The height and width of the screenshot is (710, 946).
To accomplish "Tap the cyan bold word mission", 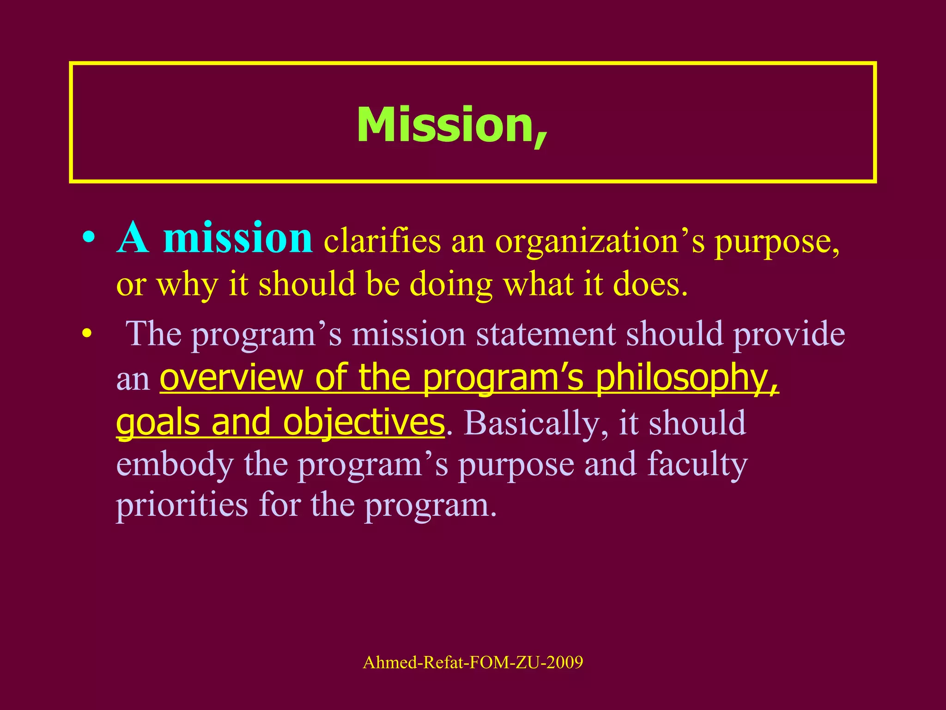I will tap(238, 239).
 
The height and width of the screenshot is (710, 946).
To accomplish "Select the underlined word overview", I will tap(231, 378).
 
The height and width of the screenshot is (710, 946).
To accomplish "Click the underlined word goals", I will tap(158, 422).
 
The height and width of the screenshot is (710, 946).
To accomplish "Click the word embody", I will tap(175, 464).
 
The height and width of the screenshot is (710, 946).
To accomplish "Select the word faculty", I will tap(697, 464).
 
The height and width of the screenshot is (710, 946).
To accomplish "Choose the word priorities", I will tap(182, 505).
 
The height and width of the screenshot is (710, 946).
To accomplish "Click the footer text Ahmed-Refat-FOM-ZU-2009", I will tap(473, 662).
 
